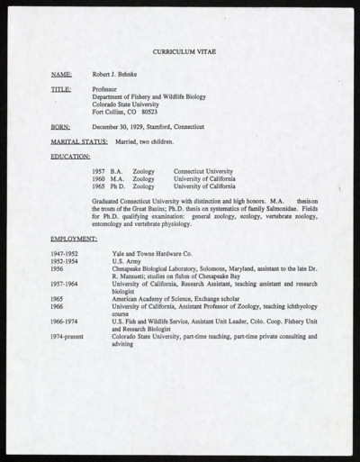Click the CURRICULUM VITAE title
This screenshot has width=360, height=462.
click(179, 54)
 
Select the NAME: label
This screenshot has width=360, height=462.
click(61, 77)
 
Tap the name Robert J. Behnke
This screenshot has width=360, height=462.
click(121, 77)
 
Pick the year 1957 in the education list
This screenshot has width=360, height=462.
click(98, 171)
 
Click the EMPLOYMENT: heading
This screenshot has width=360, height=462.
click(74, 238)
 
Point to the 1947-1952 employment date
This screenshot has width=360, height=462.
click(65, 254)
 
